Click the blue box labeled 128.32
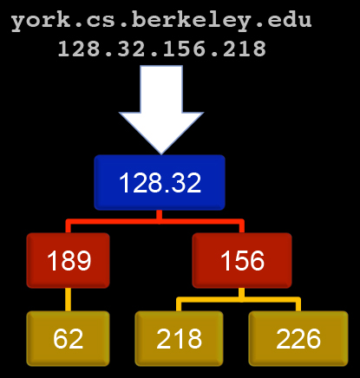click(x=160, y=182)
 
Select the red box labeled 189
click(x=68, y=260)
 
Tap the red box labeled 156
click(x=242, y=260)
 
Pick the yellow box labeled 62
click(x=68, y=338)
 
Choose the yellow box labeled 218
click(x=179, y=338)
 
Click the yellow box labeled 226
click(x=298, y=338)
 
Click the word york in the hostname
click(x=40, y=21)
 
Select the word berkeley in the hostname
click(x=193, y=21)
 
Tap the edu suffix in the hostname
click(x=290, y=20)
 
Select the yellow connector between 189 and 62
click(x=68, y=299)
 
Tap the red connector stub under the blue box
click(x=159, y=216)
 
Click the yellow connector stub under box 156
click(x=241, y=294)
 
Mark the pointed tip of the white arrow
click(x=161, y=154)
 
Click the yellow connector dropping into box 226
click(x=298, y=305)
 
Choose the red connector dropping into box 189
click(x=69, y=227)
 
